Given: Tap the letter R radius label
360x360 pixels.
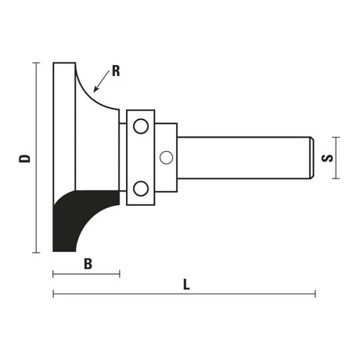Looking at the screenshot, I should (x=116, y=70).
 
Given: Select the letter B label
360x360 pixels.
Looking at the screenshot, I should (x=88, y=264).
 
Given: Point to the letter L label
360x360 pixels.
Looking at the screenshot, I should (x=185, y=285).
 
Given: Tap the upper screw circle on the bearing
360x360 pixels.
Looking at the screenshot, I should (x=140, y=125).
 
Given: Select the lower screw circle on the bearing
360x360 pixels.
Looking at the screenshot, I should (x=140, y=188).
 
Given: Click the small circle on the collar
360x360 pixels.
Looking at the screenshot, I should (x=165, y=157).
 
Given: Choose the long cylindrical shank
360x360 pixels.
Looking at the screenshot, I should (x=243, y=157).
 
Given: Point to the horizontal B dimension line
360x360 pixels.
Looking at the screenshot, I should (x=86, y=274).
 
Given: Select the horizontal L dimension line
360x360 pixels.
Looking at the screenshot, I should (x=184, y=294).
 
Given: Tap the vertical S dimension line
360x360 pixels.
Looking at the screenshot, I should (x=339, y=157).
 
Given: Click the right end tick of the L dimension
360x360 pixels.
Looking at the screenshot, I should (x=315, y=294).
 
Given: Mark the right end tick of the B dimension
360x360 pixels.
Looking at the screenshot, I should (x=120, y=274).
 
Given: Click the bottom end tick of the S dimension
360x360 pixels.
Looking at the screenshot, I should (x=339, y=178).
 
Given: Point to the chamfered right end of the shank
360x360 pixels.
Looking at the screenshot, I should (x=311, y=157).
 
